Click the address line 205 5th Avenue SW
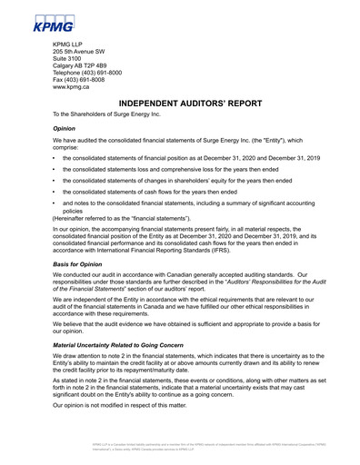[x=86, y=52]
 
